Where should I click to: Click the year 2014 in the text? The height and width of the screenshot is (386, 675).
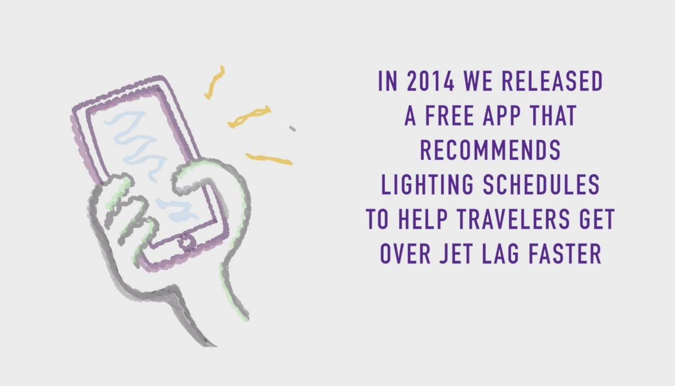[430, 81]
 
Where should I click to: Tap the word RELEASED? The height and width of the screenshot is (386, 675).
[552, 81]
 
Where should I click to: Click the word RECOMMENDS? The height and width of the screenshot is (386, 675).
[490, 150]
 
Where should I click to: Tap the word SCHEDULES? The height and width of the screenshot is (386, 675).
[541, 185]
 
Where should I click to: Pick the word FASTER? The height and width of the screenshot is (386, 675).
[565, 254]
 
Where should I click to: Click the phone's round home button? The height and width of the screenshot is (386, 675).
[187, 242]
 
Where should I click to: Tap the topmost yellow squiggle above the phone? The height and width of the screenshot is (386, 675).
[214, 82]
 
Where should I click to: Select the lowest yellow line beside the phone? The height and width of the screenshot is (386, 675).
[269, 159]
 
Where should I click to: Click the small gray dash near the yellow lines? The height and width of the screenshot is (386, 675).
[292, 129]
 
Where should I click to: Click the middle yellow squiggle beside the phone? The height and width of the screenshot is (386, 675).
[250, 117]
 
